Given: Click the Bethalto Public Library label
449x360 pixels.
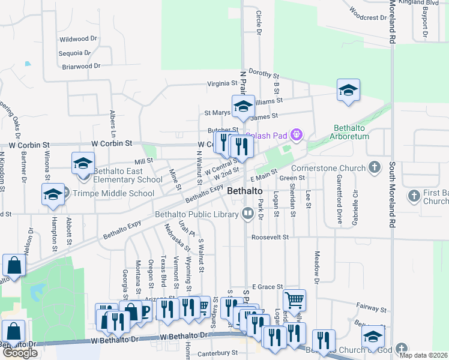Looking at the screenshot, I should tap(196, 214).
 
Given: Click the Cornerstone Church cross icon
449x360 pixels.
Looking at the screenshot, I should tap(375, 166).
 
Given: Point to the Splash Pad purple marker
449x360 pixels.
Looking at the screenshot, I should tap(296, 135).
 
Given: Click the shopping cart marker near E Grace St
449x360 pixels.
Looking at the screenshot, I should tap(294, 299).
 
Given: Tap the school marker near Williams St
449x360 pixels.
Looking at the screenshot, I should tap(243, 106).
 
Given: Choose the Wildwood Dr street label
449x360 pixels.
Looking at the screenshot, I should tap(78, 39).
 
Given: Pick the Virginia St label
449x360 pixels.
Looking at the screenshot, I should tap(222, 83).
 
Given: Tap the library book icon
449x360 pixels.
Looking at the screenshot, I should tap(247, 214).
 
